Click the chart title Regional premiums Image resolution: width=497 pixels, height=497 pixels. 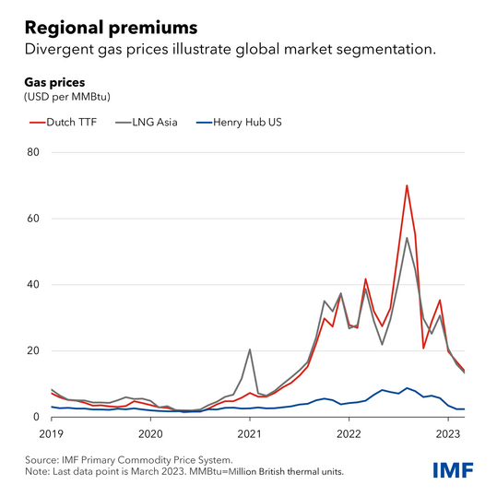pyautogui.click(x=111, y=28)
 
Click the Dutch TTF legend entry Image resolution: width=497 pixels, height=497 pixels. pyautogui.click(x=64, y=123)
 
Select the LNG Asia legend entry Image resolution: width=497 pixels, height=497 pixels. pyautogui.click(x=147, y=123)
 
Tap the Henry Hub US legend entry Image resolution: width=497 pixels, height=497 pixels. pyautogui.click(x=239, y=123)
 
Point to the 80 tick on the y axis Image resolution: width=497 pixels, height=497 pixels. pyautogui.click(x=33, y=152)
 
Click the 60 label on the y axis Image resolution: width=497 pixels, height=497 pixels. pyautogui.click(x=33, y=219)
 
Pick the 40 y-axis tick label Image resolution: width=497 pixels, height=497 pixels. pyautogui.click(x=33, y=284)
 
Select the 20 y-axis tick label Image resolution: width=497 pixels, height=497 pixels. pyautogui.click(x=33, y=350)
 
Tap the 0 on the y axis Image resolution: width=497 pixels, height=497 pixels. pyautogui.click(x=37, y=417)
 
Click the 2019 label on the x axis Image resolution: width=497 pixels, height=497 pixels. pyautogui.click(x=52, y=434)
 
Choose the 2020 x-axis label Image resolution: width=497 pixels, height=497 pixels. pyautogui.click(x=150, y=434)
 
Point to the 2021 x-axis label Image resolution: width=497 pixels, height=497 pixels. pyautogui.click(x=250, y=434)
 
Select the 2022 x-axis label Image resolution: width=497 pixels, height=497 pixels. pyautogui.click(x=349, y=434)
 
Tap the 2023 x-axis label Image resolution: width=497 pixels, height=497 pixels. pyautogui.click(x=448, y=434)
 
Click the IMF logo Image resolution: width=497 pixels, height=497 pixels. pyautogui.click(x=454, y=470)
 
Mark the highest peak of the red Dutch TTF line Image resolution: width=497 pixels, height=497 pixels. pyautogui.click(x=407, y=185)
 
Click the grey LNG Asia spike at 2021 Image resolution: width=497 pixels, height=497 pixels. pyautogui.click(x=250, y=349)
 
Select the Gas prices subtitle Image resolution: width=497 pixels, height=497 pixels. pyautogui.click(x=54, y=82)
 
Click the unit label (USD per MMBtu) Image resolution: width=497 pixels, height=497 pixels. pyautogui.click(x=67, y=97)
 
